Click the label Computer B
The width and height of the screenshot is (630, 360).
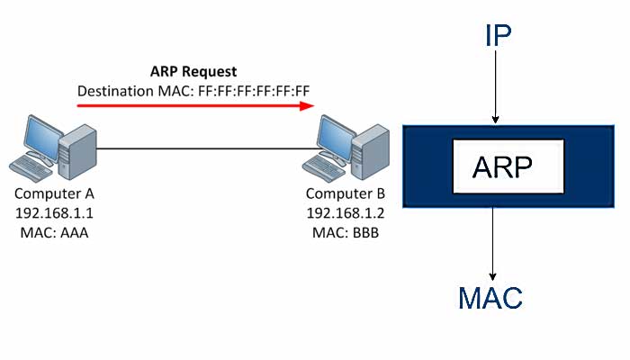tap(346, 193)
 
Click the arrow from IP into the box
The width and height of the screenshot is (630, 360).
tap(494, 94)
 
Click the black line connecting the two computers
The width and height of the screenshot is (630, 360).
tap(207, 148)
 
